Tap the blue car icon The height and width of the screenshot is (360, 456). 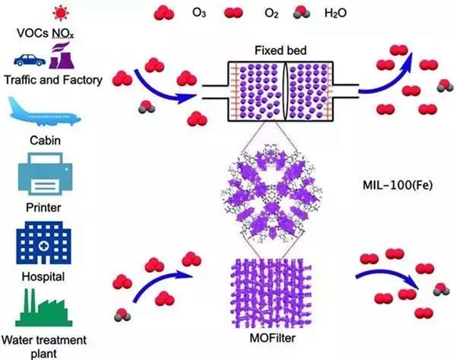tap(32, 59)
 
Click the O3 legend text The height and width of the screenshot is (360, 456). tap(199, 13)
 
